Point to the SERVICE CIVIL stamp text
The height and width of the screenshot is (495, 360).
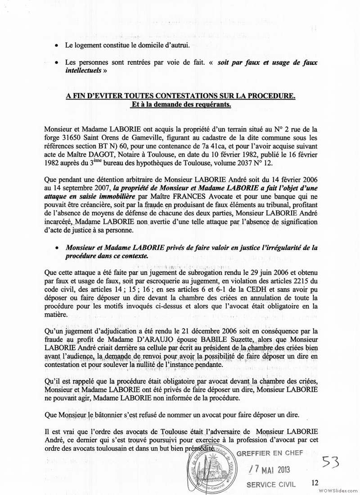click(x=271, y=485)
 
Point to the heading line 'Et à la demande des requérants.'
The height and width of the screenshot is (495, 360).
click(x=180, y=105)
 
